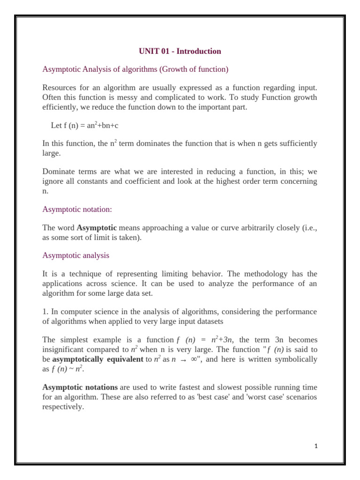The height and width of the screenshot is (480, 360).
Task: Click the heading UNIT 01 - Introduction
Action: [180, 51]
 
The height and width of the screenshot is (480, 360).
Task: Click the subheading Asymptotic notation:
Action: [77, 209]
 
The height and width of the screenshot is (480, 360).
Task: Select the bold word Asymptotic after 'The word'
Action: [97, 228]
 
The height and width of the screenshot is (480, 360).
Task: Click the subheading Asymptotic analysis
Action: [75, 255]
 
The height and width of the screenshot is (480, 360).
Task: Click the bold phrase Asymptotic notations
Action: [80, 387]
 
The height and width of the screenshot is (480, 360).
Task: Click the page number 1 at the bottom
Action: [316, 446]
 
